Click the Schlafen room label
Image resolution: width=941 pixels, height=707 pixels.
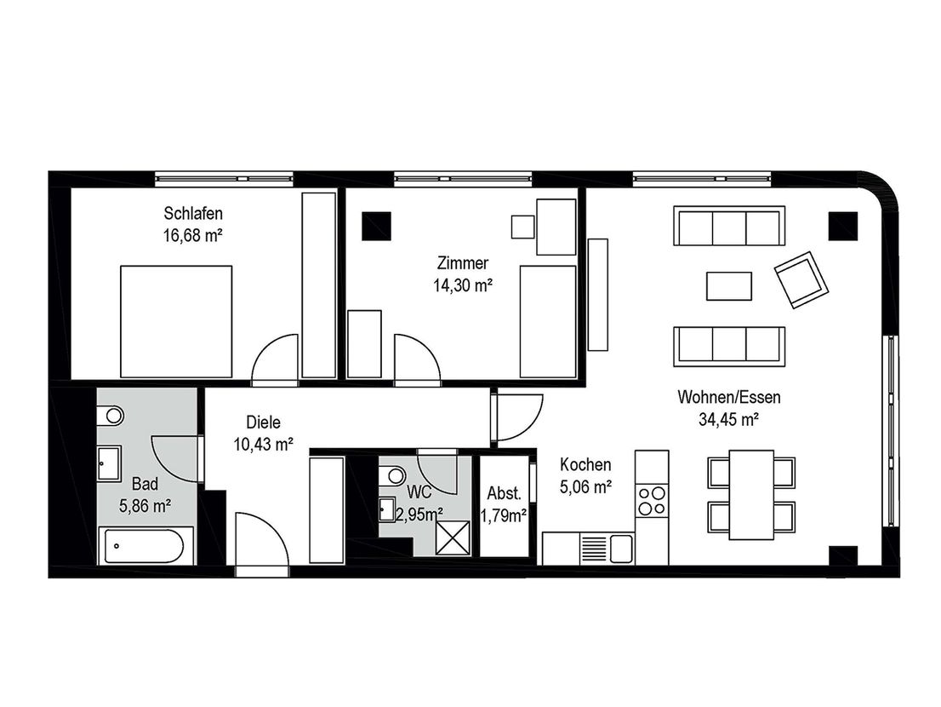click(x=193, y=213)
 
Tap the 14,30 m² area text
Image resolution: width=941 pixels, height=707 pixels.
click(x=463, y=286)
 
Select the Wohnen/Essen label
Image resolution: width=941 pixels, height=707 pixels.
click(x=729, y=397)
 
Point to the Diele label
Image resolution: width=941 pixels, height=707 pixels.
click(x=264, y=422)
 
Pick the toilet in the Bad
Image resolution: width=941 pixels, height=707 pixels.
click(x=110, y=415)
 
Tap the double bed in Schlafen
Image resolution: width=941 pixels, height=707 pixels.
click(x=176, y=321)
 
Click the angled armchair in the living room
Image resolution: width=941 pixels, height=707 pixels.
click(x=801, y=280)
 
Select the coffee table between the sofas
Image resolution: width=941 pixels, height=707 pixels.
click(x=729, y=286)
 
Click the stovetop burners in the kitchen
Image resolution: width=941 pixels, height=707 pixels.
click(x=652, y=501)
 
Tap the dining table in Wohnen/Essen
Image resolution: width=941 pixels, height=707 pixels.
click(x=751, y=494)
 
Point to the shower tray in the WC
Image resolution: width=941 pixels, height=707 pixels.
click(x=453, y=537)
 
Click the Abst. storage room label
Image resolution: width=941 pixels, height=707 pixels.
click(x=504, y=493)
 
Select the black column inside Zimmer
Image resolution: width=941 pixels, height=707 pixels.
click(x=376, y=227)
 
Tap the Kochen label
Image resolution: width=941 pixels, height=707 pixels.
click(x=585, y=464)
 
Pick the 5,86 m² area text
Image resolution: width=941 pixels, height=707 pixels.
click(x=145, y=506)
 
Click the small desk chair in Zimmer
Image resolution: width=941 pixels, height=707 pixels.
click(x=522, y=227)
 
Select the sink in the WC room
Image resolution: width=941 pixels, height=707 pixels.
click(x=387, y=509)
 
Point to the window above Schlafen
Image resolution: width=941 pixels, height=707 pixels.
click(x=224, y=178)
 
